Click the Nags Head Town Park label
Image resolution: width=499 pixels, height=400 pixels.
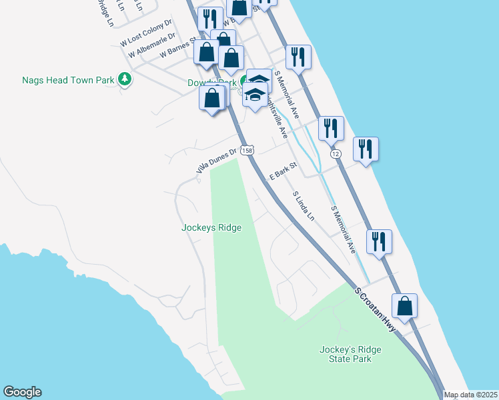click(x=68, y=80)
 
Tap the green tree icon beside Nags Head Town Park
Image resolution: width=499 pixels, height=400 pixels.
click(x=124, y=80)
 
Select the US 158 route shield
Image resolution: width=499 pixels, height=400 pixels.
click(x=247, y=151)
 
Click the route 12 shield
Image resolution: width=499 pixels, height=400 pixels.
click(x=336, y=154)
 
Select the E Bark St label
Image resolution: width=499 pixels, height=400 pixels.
click(x=282, y=175)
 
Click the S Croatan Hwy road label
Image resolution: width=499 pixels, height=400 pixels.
click(x=376, y=311)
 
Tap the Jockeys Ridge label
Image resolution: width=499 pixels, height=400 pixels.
click(x=211, y=227)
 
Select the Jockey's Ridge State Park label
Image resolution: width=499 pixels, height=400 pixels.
click(x=345, y=354)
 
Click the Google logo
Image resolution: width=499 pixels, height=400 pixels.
click(x=22, y=392)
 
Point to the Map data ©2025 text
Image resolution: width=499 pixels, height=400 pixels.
click(x=470, y=395)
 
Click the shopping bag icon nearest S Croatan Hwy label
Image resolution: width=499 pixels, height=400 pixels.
click(x=404, y=306)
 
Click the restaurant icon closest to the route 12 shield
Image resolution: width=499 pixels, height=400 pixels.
click(x=331, y=128)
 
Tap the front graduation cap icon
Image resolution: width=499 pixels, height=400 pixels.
click(x=255, y=94)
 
